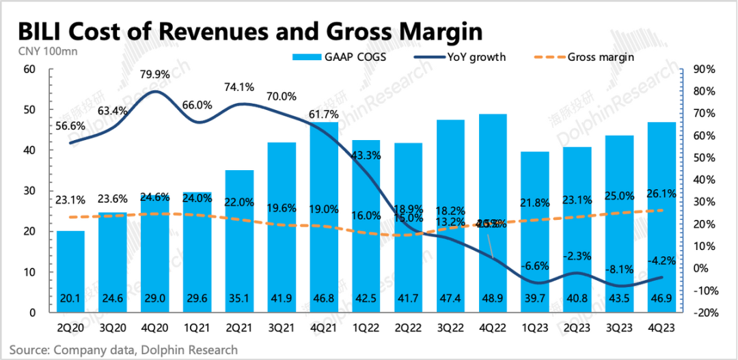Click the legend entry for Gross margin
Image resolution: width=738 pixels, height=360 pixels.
[x=600, y=57]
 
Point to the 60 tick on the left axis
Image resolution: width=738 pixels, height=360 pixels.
[x=29, y=69]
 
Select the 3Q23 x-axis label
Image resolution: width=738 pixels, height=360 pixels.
[x=619, y=327]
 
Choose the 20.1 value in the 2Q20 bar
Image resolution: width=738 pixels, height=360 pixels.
[x=70, y=298]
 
